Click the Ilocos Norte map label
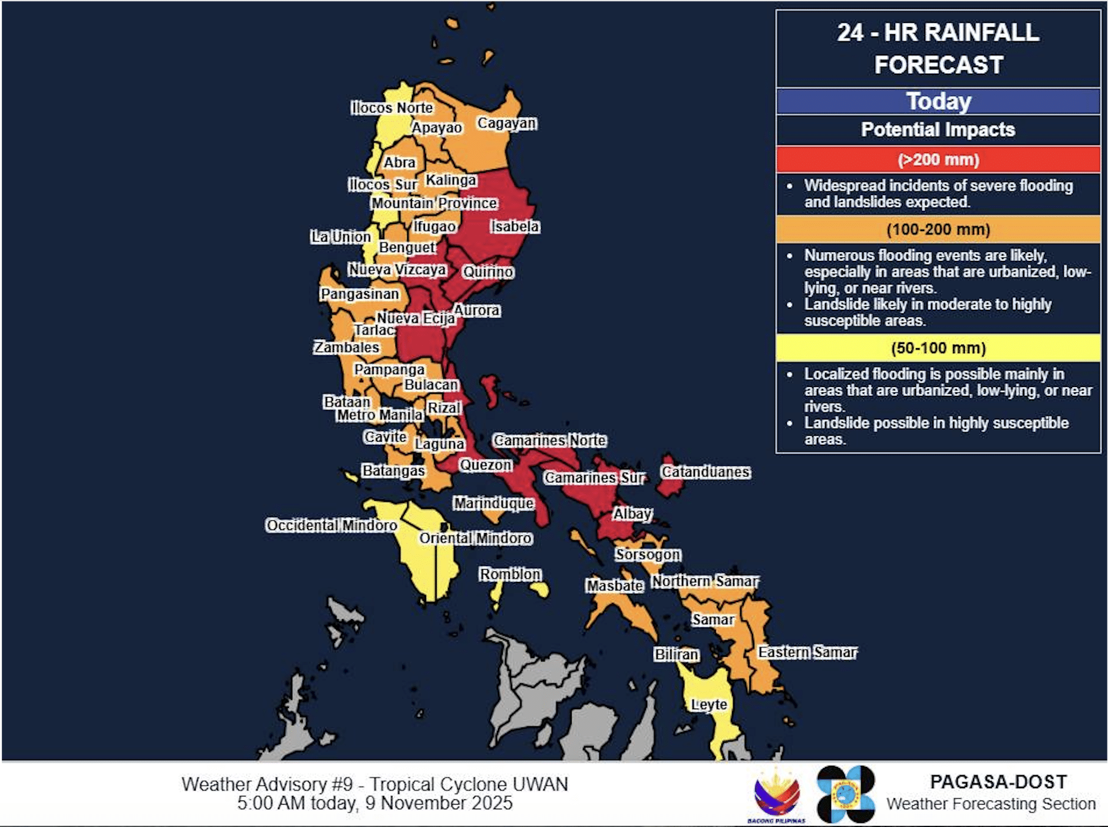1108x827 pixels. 392,108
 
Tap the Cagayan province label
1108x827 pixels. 507,123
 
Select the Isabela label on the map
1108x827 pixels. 515,226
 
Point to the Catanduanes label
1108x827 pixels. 705,472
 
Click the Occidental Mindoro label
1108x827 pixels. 331,525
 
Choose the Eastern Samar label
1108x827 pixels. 807,652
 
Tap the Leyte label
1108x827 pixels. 709,704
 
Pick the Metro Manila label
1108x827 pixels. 380,415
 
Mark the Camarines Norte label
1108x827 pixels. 550,440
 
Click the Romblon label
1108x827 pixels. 510,574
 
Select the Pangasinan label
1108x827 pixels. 360,293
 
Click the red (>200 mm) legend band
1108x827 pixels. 938,160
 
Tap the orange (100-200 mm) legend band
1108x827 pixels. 938,230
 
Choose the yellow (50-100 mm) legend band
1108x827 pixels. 938,348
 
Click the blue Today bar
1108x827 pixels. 938,101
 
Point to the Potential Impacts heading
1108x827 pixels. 938,130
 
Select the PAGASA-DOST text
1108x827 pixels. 998,782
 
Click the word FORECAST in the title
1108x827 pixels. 938,65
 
